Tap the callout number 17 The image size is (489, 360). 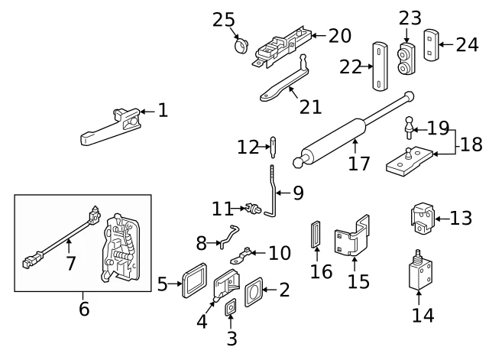pyautogui.click(x=358, y=163)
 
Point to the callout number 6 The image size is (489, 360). pyautogui.click(x=84, y=309)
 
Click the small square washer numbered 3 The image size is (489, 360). pyautogui.click(x=229, y=309)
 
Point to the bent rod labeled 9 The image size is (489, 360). pyautogui.click(x=273, y=191)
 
